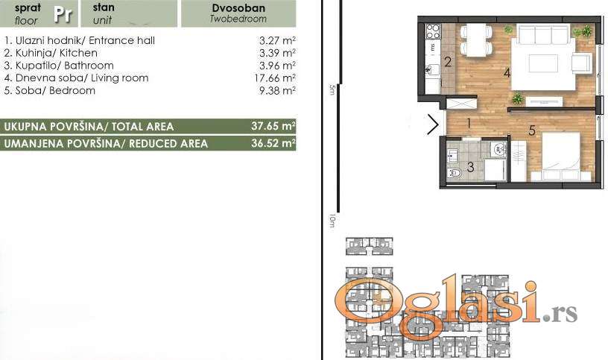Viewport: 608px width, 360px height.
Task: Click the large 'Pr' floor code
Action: [x=63, y=14]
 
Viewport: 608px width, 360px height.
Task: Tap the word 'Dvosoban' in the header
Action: [x=238, y=8]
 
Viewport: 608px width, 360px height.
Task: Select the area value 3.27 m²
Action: [x=278, y=40]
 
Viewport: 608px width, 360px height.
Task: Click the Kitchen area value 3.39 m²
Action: [x=278, y=53]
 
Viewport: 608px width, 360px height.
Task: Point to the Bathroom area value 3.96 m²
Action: [x=278, y=66]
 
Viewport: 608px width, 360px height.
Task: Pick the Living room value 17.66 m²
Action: [x=275, y=78]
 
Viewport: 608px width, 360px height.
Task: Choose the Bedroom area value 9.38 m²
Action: [x=278, y=90]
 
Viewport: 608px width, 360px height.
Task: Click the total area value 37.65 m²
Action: [x=273, y=126]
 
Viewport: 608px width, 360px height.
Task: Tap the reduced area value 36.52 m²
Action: [x=273, y=143]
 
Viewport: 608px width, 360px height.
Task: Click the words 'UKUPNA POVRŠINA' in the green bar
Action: [x=54, y=127]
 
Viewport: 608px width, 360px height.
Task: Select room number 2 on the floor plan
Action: [x=448, y=62]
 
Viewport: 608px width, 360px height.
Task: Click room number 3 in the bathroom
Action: [x=470, y=167]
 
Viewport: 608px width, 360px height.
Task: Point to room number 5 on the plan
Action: [x=531, y=130]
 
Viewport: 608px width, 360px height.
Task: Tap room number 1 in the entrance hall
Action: [x=469, y=124]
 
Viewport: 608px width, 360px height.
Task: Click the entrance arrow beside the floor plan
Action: [x=433, y=124]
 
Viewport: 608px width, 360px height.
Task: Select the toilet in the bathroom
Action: [x=454, y=173]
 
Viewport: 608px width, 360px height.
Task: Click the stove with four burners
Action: [x=433, y=31]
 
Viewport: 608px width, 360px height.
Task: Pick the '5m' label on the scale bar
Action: [x=332, y=89]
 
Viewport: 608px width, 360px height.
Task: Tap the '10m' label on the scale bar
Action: [x=332, y=221]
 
